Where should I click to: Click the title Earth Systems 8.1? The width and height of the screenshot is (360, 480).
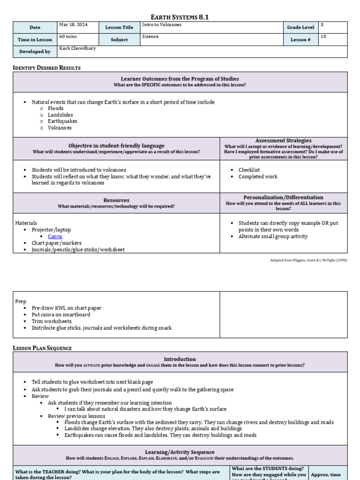click(x=180, y=17)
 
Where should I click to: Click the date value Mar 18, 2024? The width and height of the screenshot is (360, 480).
click(x=73, y=25)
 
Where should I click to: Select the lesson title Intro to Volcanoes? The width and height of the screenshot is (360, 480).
click(x=162, y=25)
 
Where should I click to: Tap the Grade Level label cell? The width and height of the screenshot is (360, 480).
click(x=300, y=28)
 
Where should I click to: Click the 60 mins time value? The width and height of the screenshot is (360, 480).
click(x=68, y=37)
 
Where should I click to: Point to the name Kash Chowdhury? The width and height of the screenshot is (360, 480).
click(x=78, y=48)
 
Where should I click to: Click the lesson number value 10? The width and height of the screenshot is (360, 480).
click(x=323, y=37)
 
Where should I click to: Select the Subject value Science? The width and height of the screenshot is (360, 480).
click(x=150, y=37)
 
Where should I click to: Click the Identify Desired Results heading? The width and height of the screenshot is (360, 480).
click(x=46, y=68)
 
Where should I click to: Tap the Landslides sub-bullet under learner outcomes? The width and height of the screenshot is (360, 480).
click(x=60, y=115)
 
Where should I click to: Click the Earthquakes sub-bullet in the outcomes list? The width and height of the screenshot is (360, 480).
click(x=62, y=121)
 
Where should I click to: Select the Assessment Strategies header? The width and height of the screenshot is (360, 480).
click(x=283, y=141)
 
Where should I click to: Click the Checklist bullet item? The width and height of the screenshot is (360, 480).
click(x=249, y=170)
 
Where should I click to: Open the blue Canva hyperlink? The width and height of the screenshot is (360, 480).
click(x=55, y=237)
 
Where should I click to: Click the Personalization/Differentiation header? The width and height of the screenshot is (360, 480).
click(x=283, y=197)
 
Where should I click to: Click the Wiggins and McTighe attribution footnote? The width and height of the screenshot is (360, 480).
click(x=308, y=260)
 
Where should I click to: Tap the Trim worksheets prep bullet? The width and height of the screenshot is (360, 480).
click(x=52, y=322)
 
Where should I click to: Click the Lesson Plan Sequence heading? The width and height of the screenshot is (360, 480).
click(x=42, y=348)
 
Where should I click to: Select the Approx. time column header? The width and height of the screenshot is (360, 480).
click(x=326, y=474)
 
